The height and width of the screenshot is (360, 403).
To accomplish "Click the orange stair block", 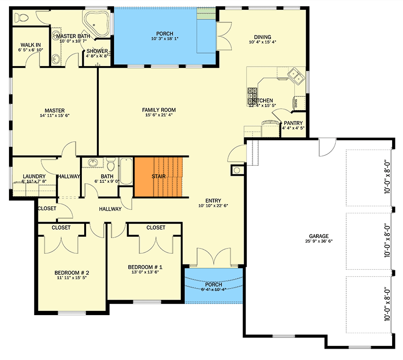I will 158,177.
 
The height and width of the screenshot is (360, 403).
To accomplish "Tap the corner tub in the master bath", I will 97,24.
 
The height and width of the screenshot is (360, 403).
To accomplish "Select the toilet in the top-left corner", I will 22,18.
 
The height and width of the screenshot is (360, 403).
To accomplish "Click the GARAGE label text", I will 319,236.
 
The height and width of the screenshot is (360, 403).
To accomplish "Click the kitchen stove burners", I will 252,96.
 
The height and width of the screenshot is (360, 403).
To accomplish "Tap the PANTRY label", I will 293,122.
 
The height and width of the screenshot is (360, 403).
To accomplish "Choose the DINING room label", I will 263,37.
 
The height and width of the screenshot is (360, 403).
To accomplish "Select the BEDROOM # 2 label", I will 71,272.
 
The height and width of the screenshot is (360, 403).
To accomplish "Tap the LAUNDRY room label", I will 34,177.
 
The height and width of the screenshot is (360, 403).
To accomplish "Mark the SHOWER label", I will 97,51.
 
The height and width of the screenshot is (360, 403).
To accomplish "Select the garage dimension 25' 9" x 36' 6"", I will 319,242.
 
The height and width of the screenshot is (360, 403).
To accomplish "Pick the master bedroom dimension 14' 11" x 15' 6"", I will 55,116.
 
